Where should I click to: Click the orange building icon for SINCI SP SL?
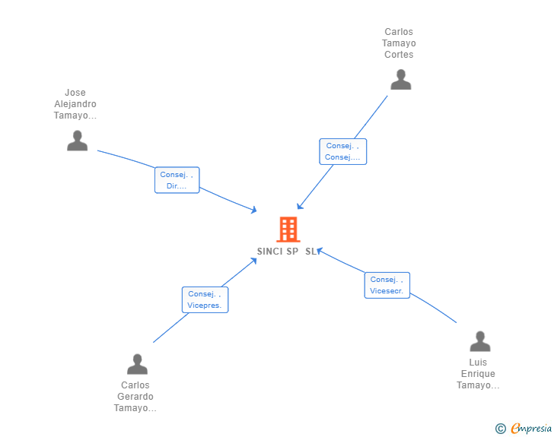click(288, 230)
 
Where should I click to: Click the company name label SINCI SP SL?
click(288, 252)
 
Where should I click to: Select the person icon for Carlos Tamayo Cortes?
click(400, 80)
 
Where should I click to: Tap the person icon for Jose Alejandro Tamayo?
click(77, 141)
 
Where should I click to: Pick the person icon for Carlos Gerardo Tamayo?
click(137, 364)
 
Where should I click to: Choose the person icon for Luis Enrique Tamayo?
click(479, 341)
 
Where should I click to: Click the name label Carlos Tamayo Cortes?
click(399, 43)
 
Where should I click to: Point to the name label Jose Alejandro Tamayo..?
click(75, 105)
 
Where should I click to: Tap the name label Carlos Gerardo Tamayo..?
click(135, 397)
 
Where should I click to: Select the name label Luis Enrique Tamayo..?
click(478, 374)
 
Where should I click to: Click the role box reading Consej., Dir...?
click(177, 180)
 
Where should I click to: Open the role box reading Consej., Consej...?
click(342, 151)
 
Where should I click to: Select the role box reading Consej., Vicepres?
click(205, 299)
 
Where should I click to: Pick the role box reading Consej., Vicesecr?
click(387, 285)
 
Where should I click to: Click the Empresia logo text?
click(530, 429)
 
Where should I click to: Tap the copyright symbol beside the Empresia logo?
click(500, 429)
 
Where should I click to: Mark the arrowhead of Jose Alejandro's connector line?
click(254, 211)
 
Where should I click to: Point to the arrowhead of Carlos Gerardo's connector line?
click(254, 261)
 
